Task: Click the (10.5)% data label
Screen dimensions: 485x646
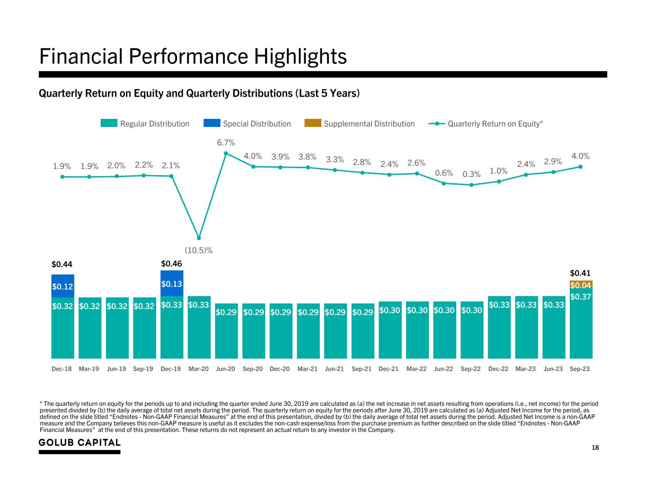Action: (198, 250)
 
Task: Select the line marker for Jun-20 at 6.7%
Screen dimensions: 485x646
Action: (226, 153)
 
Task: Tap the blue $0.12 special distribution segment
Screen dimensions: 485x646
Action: (62, 286)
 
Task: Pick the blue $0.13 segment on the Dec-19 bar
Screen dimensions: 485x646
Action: (172, 283)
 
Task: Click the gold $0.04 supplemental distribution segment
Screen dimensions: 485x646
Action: (581, 285)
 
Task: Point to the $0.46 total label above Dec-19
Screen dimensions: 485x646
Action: (171, 263)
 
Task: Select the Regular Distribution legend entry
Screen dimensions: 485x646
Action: (145, 124)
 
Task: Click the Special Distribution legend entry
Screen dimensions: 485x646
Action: (248, 124)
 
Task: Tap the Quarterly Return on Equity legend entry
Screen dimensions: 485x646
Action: (486, 124)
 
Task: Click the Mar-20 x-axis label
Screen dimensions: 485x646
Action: (198, 369)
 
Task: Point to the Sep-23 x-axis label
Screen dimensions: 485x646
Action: (580, 369)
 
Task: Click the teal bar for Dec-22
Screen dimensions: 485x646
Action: (499, 332)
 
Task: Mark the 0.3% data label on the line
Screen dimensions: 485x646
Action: (471, 174)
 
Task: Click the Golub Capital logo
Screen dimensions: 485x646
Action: (80, 443)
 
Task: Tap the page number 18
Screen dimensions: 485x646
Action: (595, 448)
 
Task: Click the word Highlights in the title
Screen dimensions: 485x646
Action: (301, 56)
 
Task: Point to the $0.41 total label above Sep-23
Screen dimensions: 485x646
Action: (580, 273)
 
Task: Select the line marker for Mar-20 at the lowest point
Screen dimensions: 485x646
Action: (199, 238)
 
